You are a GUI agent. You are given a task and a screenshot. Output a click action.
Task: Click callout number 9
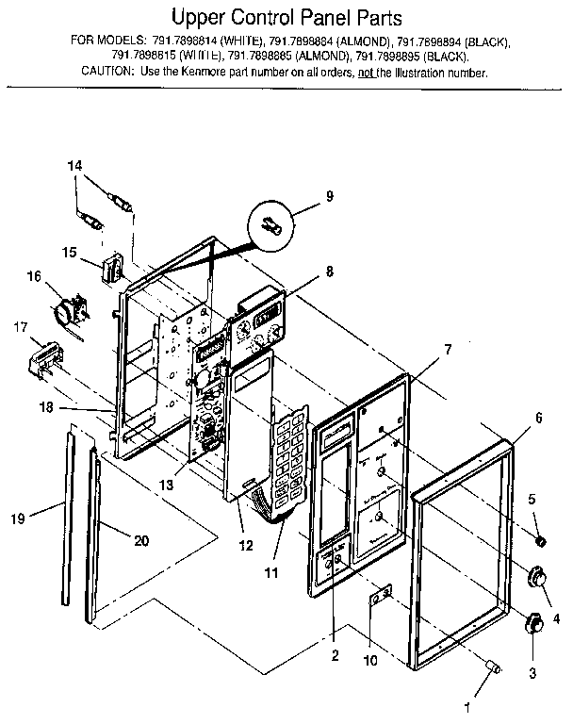click(x=329, y=196)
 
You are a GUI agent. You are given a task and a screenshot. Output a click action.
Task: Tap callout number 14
click(x=75, y=166)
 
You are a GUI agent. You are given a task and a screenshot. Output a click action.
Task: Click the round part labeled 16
click(x=66, y=310)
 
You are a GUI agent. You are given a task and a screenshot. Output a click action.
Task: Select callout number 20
click(x=140, y=540)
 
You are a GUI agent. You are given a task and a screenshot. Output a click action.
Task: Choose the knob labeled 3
click(x=532, y=622)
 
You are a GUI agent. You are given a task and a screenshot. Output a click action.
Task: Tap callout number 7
click(x=448, y=349)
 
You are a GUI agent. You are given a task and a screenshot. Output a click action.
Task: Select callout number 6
click(x=539, y=416)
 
